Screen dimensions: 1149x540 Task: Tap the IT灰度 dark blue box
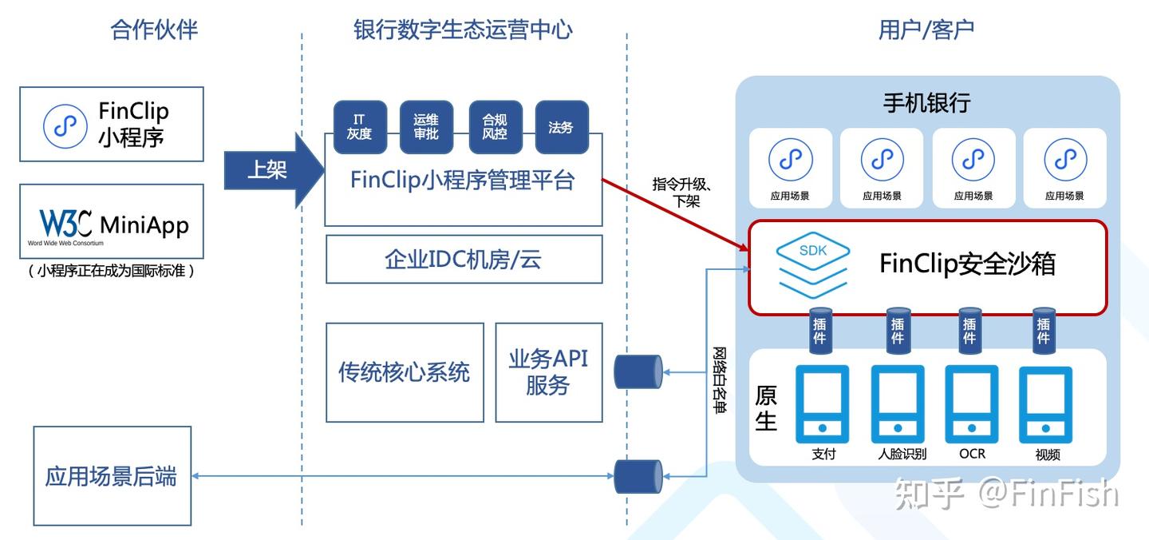(x=360, y=127)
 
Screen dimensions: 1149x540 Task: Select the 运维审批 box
(x=426, y=127)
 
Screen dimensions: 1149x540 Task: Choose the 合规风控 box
(x=496, y=127)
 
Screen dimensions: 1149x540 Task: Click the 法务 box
(x=562, y=127)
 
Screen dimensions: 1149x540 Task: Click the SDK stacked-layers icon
(x=813, y=265)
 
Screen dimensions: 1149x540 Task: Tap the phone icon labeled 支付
(x=822, y=404)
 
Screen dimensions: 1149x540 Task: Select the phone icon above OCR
(x=972, y=404)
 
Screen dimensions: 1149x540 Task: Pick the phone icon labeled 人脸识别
(x=898, y=404)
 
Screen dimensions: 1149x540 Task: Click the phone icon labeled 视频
(x=1045, y=404)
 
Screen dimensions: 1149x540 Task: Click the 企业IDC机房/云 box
(x=464, y=260)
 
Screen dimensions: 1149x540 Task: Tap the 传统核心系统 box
(x=405, y=373)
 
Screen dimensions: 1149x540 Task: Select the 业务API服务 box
(x=549, y=373)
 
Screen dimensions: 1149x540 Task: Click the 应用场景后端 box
(x=113, y=476)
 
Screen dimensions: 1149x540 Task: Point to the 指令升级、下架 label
(x=681, y=192)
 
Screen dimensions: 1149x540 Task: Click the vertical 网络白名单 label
(x=720, y=380)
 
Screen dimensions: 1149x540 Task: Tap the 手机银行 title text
(x=926, y=103)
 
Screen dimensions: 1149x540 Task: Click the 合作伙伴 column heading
(x=154, y=30)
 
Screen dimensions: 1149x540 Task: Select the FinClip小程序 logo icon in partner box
(x=65, y=126)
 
